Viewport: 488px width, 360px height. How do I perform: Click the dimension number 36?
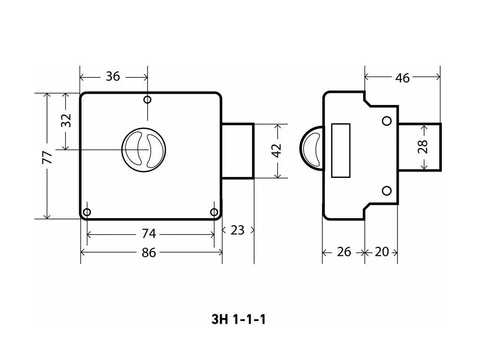click(113, 76)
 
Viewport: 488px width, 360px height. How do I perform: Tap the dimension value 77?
click(47, 157)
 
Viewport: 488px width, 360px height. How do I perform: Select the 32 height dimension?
click(66, 120)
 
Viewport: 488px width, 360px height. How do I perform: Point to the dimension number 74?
click(149, 234)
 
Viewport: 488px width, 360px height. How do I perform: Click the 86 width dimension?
click(149, 253)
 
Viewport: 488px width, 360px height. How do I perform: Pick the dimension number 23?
click(238, 230)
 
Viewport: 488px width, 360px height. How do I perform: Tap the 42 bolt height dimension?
click(276, 151)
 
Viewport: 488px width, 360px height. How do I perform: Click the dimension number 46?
click(402, 78)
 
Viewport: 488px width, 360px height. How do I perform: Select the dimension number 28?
click(423, 146)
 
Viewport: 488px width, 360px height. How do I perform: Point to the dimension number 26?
click(344, 252)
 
